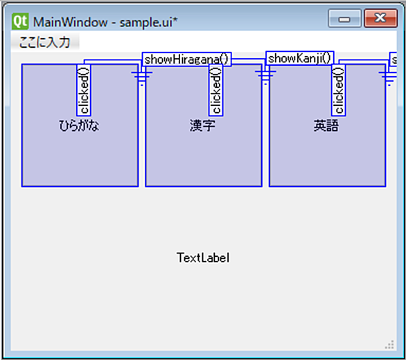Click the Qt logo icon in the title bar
pos(20,21)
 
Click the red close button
pos(380,18)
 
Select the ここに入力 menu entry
pos(45,42)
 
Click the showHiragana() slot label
pos(186,60)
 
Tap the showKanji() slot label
pos(300,58)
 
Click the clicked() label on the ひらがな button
pos(84,90)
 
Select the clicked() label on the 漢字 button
pos(216,90)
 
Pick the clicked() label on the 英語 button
pos(339,90)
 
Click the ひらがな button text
pos(79,126)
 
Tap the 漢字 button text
pos(202,126)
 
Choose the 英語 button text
pos(326,126)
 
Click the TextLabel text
pos(203,258)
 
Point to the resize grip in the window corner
pos(389,345)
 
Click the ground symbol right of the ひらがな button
pos(142,77)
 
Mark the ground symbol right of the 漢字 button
pos(265,77)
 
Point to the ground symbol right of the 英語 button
pos(389,77)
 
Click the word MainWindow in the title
pos(70,22)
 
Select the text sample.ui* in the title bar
pos(149,22)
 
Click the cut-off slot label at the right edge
pos(394,60)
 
